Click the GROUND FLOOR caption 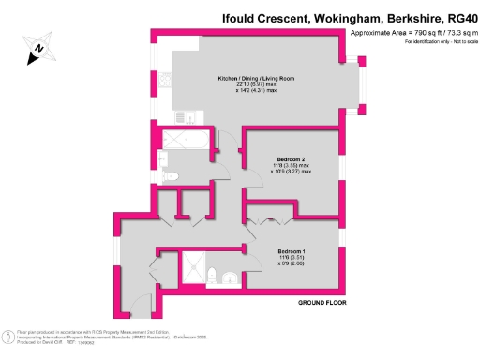[x=324, y=304]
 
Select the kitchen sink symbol [x=187, y=118]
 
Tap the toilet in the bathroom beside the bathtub [x=170, y=176]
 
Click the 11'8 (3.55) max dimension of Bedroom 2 [x=292, y=167]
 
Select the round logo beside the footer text [x=8, y=335]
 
